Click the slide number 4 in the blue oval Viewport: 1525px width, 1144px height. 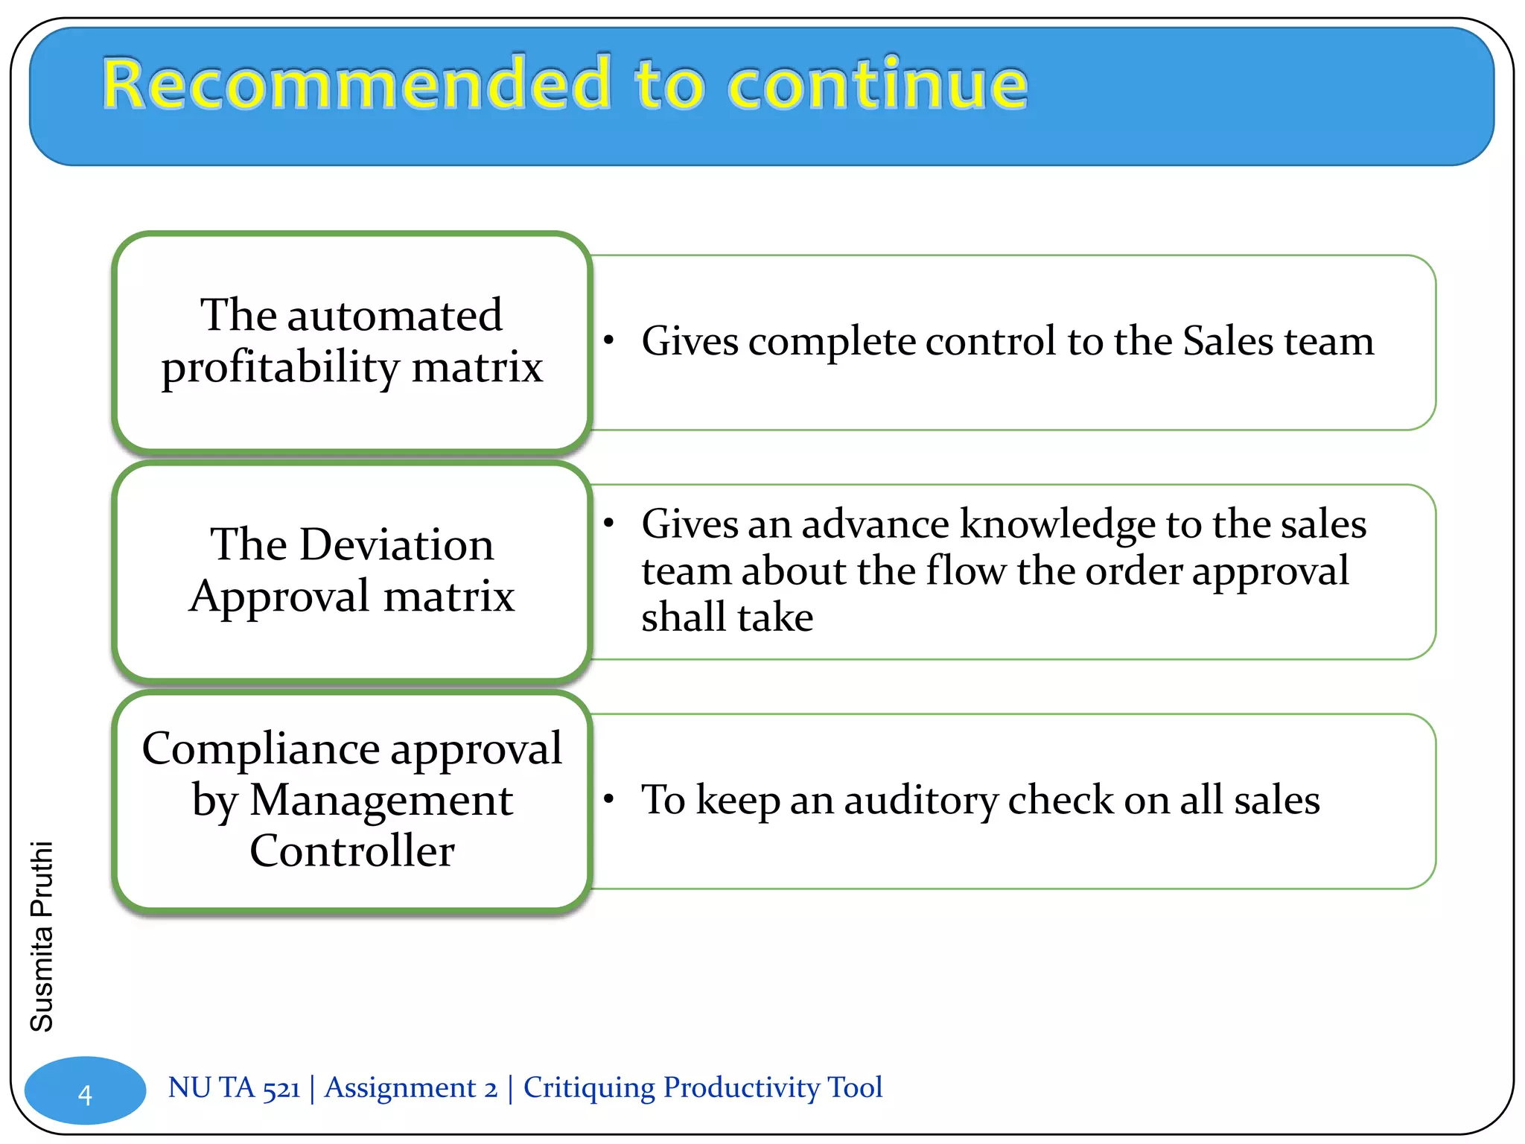[85, 1095]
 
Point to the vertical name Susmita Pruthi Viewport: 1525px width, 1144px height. [42, 936]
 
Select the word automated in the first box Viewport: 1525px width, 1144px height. [395, 316]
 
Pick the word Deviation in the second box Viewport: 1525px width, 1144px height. [397, 544]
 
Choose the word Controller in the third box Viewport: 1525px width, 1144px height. [352, 851]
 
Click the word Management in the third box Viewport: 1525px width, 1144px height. [381, 801]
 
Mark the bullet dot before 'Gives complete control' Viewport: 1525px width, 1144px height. [609, 341]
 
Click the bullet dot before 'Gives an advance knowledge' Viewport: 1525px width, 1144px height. [609, 523]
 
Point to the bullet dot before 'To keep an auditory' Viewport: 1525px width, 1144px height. [609, 799]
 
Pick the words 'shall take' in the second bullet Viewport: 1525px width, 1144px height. [727, 617]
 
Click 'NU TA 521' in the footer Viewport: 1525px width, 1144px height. [234, 1087]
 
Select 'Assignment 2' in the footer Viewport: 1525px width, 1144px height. [411, 1087]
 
